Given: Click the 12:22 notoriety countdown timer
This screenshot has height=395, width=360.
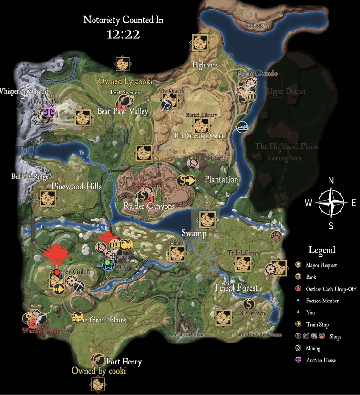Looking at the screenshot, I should click(123, 34).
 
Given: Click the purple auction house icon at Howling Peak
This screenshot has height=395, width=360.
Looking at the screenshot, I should click(49, 112).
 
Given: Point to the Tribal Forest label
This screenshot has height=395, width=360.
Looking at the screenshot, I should click(236, 287).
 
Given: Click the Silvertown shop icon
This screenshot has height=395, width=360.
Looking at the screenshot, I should click(248, 303).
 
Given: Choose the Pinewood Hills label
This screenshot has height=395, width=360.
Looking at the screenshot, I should click(76, 187).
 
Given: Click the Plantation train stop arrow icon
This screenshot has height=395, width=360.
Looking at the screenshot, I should click(190, 180).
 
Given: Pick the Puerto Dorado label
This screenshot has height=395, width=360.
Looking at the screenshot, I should click(257, 73).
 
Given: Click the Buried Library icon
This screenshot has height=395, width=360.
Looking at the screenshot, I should click(201, 125).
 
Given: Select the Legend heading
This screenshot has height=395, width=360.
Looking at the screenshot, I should click(322, 250).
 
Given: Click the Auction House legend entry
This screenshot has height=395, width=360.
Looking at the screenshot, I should click(320, 360).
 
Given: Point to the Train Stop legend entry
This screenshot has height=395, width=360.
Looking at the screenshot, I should click(317, 324).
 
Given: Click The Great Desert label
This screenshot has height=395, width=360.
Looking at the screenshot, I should click(198, 135).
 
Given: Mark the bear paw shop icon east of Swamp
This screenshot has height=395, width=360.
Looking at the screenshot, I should click(276, 236).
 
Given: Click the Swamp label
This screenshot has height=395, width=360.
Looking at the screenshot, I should click(194, 233).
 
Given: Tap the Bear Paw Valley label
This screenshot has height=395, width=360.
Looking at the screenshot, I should click(123, 112).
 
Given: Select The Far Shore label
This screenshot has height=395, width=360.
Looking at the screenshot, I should click(257, 26).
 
